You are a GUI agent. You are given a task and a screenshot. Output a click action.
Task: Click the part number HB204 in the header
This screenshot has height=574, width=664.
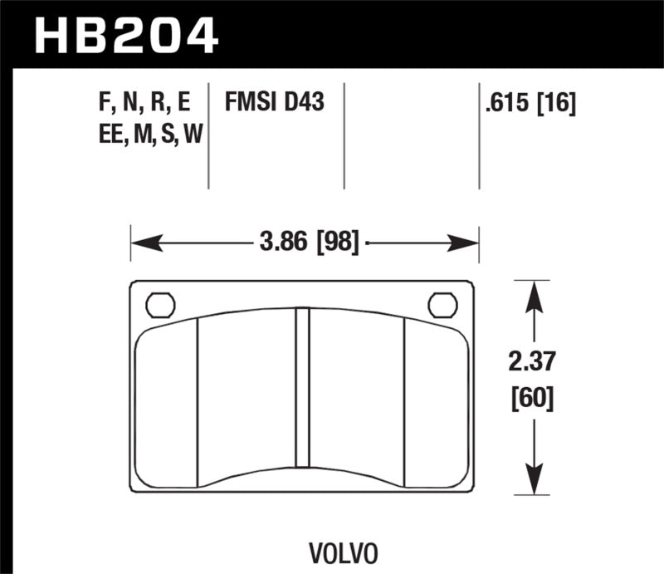(124, 35)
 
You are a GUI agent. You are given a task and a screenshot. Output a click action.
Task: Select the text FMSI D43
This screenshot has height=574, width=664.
(274, 103)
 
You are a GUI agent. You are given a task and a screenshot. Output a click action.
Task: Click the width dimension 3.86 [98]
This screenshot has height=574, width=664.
(308, 243)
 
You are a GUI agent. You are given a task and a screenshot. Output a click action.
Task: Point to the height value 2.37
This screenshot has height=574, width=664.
(533, 362)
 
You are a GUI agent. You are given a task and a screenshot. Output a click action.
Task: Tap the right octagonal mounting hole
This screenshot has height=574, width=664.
(442, 305)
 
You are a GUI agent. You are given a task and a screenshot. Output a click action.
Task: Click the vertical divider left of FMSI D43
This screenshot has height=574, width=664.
(207, 135)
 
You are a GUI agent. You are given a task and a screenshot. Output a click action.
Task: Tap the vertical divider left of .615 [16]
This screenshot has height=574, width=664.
(479, 135)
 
